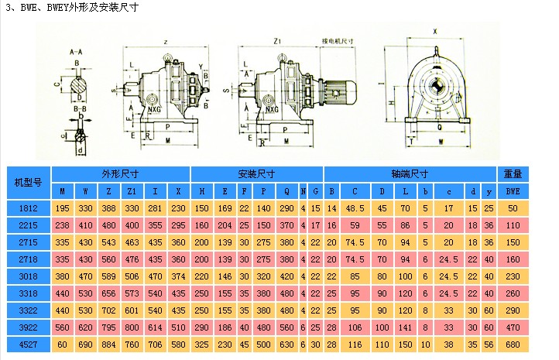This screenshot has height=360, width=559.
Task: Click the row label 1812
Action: pyautogui.click(x=27, y=208)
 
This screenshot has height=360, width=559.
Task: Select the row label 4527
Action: pyautogui.click(x=27, y=343)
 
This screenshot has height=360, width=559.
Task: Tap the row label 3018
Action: pyautogui.click(x=27, y=276)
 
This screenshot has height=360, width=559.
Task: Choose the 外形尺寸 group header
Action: pyautogui.click(x=120, y=173)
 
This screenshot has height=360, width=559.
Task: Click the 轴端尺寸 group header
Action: pyautogui.click(x=410, y=173)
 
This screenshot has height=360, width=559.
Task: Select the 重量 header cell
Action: pyautogui.click(x=513, y=173)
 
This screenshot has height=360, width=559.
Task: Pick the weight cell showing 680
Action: pyautogui.click(x=513, y=343)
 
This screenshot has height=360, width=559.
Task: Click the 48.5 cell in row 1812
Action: pyautogui.click(x=355, y=208)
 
